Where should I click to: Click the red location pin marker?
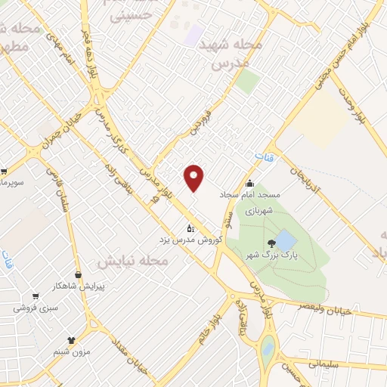pos(195,178)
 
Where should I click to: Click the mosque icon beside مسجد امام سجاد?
pos(250,184)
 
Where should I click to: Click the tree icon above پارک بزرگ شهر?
pos(271,243)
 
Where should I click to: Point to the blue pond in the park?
pos(286,241)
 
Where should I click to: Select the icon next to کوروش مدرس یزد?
pos(190,228)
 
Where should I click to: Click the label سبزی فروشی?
pos(35,308)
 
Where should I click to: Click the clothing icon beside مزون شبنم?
pos(71,341)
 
